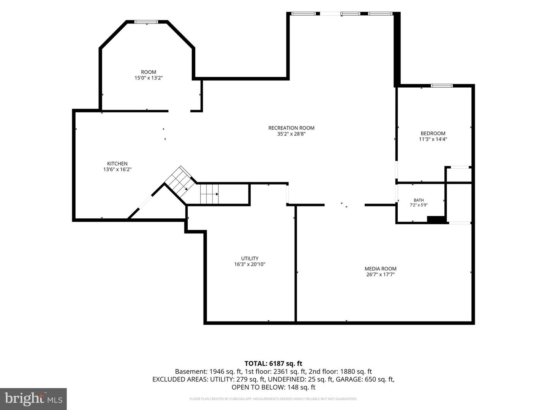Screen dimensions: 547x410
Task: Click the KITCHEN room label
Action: point(117,164)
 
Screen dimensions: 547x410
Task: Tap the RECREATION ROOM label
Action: point(291,128)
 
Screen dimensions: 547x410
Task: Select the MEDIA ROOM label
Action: point(380,269)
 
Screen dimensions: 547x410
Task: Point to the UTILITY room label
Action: point(250,259)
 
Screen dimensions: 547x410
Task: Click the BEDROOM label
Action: point(433,133)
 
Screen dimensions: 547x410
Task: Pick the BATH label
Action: point(419,200)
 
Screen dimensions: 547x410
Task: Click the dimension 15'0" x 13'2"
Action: point(149,78)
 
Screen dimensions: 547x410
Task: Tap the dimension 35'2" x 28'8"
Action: point(291,134)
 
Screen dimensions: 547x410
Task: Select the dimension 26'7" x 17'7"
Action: point(380,274)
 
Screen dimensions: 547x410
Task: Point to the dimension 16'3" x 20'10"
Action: point(250,264)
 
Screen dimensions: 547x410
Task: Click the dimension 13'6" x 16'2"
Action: point(117,170)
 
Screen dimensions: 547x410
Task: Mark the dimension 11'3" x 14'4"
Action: point(433,139)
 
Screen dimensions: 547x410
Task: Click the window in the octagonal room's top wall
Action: point(146,22)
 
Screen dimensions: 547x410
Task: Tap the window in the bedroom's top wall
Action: point(442,86)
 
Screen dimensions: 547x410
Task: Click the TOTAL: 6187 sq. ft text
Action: point(273,364)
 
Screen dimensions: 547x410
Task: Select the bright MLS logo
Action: point(33,399)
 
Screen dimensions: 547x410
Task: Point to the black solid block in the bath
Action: point(436,219)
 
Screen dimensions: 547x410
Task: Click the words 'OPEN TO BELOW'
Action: point(258,387)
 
